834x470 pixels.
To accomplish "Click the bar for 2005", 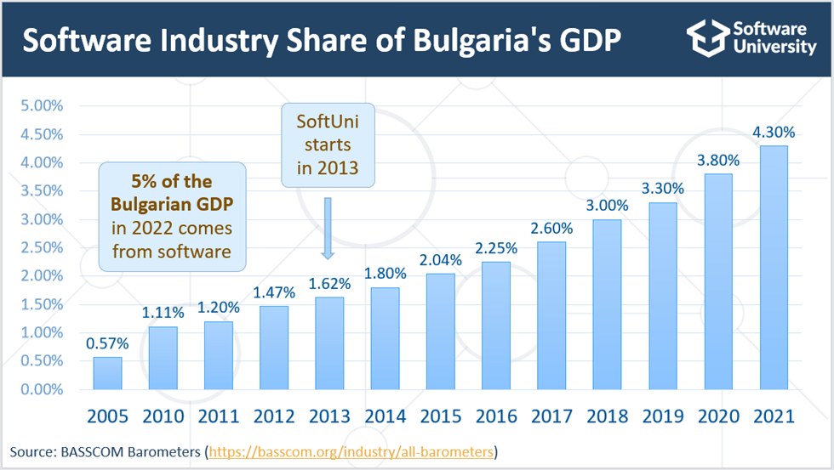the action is point(107,373).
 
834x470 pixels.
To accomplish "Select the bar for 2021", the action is point(774,268).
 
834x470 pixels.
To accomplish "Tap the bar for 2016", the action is point(496,326).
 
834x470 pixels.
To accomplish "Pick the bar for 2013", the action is point(330,343).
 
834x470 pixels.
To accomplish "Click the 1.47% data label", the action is point(274,292).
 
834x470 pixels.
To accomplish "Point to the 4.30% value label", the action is point(774,133).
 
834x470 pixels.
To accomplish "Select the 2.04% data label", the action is point(441,260).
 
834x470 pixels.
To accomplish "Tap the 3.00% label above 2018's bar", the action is point(608,206).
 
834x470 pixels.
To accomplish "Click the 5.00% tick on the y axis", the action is point(42,105).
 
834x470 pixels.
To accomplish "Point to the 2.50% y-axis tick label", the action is point(42,247).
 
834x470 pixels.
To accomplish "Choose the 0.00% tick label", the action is point(42,389).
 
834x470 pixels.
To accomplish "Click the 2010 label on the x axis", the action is point(163,416).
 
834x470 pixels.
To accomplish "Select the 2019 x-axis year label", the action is point(663,416).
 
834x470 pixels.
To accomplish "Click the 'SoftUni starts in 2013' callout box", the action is point(328,145).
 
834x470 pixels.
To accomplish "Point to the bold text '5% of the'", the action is point(172,182).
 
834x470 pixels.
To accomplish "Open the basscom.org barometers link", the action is point(351,452).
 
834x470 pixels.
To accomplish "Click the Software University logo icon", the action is point(708,37).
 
